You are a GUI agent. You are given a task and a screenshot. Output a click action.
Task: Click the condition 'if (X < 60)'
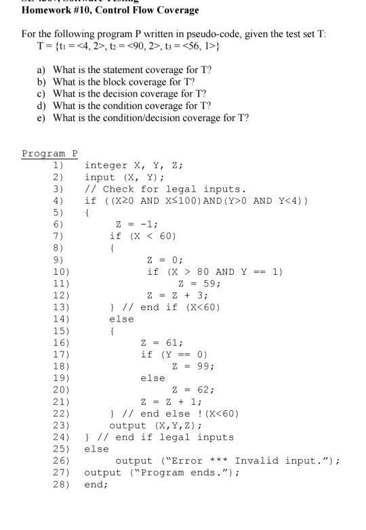click(x=143, y=236)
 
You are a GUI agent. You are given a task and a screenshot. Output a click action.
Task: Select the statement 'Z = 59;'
click(x=197, y=284)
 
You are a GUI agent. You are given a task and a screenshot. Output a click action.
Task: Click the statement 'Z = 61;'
click(x=161, y=343)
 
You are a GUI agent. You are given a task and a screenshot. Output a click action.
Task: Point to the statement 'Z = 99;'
click(x=195, y=366)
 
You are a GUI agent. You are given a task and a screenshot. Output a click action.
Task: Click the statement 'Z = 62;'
click(x=195, y=390)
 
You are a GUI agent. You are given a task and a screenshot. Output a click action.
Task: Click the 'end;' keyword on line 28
click(x=96, y=485)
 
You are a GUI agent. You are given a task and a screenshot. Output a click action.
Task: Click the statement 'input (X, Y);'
click(x=122, y=177)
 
